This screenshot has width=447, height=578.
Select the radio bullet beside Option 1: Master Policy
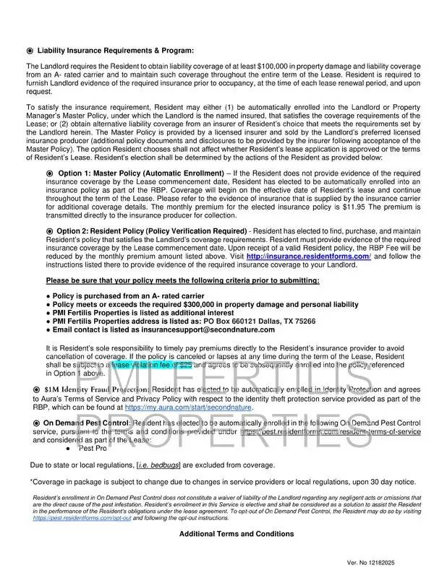[50, 174]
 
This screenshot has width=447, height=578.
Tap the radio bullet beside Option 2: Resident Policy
[50, 230]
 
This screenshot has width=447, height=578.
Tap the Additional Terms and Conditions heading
[237, 534]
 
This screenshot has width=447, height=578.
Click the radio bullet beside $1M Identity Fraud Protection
[36, 389]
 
